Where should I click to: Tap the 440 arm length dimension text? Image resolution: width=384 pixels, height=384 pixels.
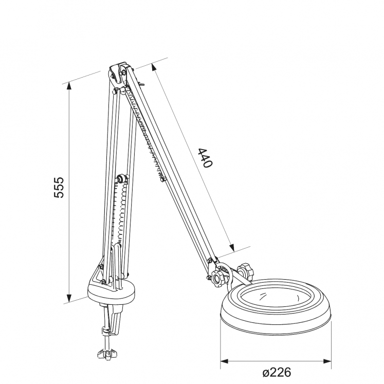pyautogui.click(x=205, y=158)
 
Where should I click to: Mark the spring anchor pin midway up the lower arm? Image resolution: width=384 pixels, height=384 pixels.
pyautogui.click(x=122, y=179)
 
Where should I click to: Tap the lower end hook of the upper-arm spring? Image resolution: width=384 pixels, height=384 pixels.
pyautogui.click(x=163, y=178)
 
